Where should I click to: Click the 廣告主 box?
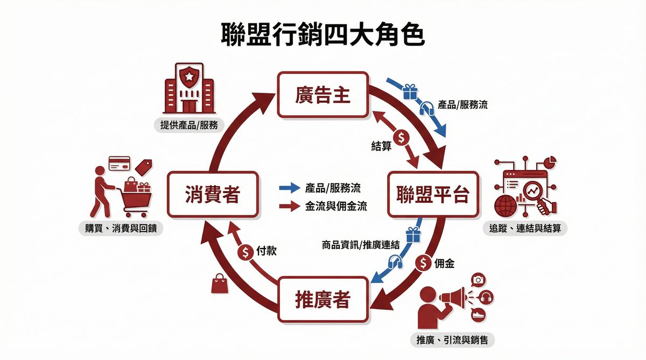tap(322, 95)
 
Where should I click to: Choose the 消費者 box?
tap(212, 194)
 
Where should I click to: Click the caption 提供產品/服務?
tap(188, 125)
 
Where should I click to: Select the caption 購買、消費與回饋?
tap(121, 229)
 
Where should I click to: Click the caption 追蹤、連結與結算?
tap(524, 229)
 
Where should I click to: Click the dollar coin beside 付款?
tap(246, 251)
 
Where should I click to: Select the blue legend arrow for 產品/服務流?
tap(289, 188)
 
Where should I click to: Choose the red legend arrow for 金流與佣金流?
tap(289, 206)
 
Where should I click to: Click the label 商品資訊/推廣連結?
tap(360, 245)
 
